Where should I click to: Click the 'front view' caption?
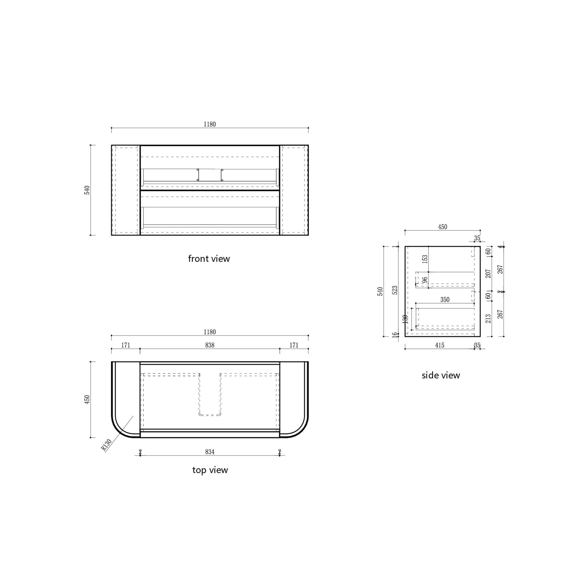[x=209, y=259]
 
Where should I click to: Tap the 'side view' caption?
[x=440, y=375]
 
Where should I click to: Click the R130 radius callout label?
[x=106, y=445]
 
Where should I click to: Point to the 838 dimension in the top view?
[x=210, y=345]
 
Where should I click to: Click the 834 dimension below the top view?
[x=210, y=452]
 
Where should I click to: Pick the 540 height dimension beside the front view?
[x=87, y=190]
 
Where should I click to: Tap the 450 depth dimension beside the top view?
[x=87, y=399]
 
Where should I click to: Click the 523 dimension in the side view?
[x=395, y=290]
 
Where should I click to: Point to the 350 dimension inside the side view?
[x=445, y=300]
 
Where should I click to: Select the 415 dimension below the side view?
[x=440, y=345]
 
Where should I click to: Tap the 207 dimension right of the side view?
[x=488, y=273]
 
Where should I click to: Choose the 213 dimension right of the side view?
[x=488, y=319]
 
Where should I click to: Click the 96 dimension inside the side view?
[x=425, y=280]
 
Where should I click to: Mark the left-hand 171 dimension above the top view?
[x=126, y=345]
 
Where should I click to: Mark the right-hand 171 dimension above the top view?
[x=294, y=345]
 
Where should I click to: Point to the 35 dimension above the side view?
[x=477, y=238]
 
